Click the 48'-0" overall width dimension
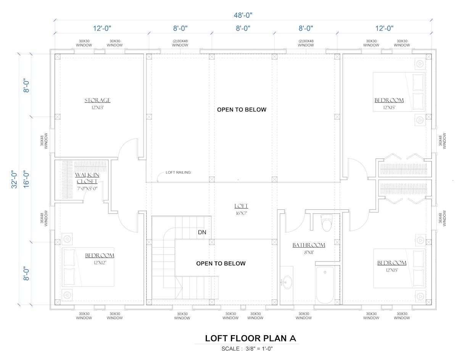click(x=243, y=15)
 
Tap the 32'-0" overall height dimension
click(x=14, y=179)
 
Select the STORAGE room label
click(x=97, y=100)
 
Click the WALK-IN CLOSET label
click(x=87, y=178)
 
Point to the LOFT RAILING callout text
click(x=178, y=172)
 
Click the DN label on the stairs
click(x=202, y=232)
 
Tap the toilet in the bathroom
click(x=327, y=223)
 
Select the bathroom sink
click(x=287, y=282)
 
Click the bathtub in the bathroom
click(x=325, y=284)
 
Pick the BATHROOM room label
click(x=309, y=245)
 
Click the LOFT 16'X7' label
click(x=241, y=209)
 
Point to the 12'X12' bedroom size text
click(x=100, y=263)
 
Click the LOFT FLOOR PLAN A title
click(x=250, y=338)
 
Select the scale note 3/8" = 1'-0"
click(x=259, y=349)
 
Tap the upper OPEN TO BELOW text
click(x=242, y=110)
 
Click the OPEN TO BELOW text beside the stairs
click(x=221, y=264)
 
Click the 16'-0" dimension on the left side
click(x=26, y=179)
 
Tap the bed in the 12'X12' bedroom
click(x=88, y=267)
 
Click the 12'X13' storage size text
click(x=97, y=108)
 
